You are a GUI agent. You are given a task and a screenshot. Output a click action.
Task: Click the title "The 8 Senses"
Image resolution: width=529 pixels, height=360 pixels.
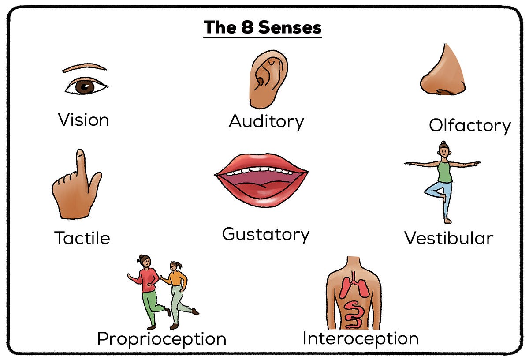pyautogui.click(x=263, y=27)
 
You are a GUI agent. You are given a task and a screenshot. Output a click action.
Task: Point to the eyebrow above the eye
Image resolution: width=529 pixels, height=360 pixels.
pyautogui.click(x=84, y=67)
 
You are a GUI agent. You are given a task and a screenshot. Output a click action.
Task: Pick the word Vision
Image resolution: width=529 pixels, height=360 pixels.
pyautogui.click(x=83, y=120)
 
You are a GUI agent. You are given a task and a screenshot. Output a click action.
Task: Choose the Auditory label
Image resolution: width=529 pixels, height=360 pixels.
pyautogui.click(x=266, y=121)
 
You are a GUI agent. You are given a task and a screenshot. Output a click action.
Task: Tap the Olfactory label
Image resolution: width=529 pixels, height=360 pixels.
pyautogui.click(x=469, y=125)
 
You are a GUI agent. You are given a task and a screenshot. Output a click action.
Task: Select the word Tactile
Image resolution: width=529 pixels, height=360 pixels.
pyautogui.click(x=82, y=238)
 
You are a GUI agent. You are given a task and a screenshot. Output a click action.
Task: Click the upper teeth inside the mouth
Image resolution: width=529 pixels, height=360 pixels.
pyautogui.click(x=260, y=172)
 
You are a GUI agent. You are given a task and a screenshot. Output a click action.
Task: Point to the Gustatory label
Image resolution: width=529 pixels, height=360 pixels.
pyautogui.click(x=265, y=234)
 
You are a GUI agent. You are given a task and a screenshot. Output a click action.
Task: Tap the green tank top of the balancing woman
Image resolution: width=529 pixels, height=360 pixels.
pyautogui.click(x=445, y=171)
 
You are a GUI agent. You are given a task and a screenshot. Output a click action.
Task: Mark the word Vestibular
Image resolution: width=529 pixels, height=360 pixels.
pyautogui.click(x=449, y=238)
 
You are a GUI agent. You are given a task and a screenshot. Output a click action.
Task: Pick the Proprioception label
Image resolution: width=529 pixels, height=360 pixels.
pyautogui.click(x=161, y=339)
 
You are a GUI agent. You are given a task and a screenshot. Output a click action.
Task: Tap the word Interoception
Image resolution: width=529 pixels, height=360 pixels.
pyautogui.click(x=360, y=338)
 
